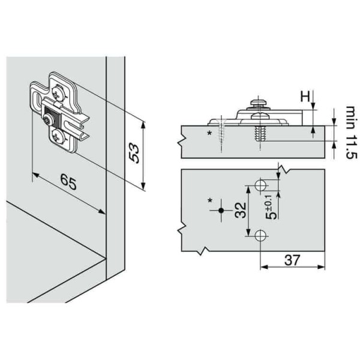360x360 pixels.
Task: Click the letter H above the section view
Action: tap(304, 95)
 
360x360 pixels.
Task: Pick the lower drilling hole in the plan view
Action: tap(260, 236)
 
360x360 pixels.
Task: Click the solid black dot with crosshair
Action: tap(221, 210)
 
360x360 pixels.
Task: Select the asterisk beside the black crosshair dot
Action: tap(210, 200)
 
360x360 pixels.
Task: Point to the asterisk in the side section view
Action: tap(209, 132)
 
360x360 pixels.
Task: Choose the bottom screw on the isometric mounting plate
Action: tap(57, 138)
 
